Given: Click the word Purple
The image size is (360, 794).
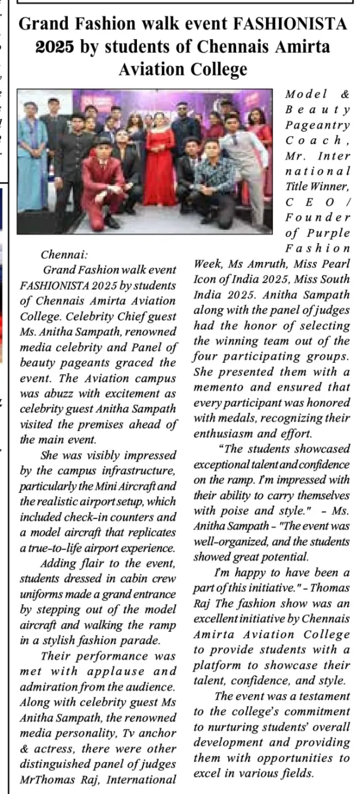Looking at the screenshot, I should [x=329, y=232].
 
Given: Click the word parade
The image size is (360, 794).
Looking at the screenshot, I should [x=143, y=641].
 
